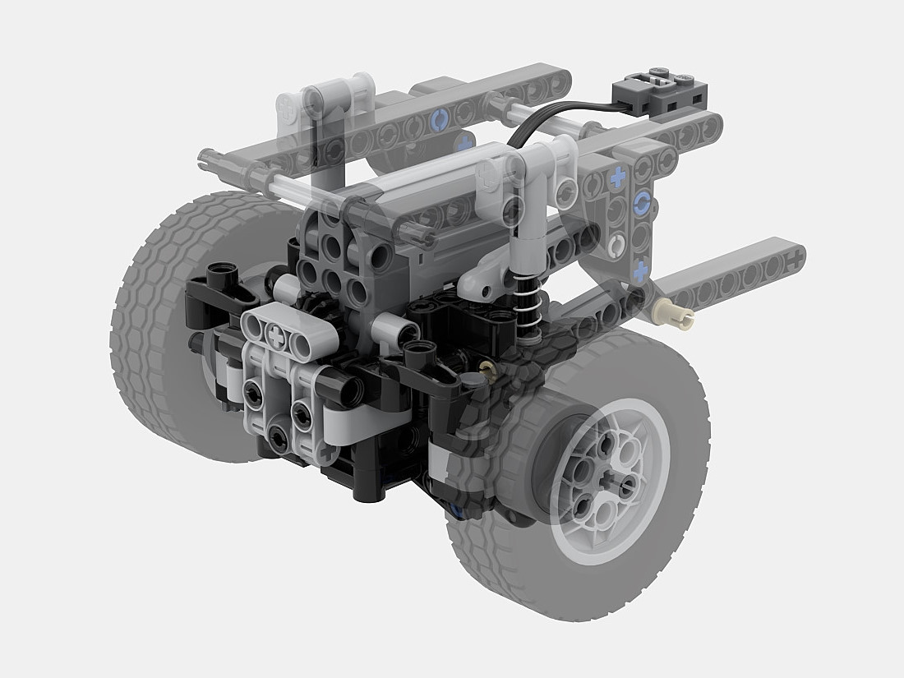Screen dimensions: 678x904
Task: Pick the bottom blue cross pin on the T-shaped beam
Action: [640, 267]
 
